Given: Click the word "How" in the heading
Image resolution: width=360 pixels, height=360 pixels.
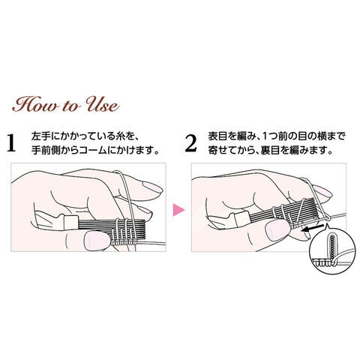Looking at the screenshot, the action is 35,104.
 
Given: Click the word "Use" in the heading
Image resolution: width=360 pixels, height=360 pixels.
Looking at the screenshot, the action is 102,104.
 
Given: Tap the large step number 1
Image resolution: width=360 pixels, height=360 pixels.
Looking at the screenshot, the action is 11,143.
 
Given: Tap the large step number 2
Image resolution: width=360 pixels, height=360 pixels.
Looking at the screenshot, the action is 190,143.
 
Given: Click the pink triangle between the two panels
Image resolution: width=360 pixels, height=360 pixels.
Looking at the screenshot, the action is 178,209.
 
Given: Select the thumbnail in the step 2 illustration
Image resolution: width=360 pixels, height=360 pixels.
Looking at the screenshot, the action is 277,229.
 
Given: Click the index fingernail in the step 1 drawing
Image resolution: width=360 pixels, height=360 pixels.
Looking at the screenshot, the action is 152,187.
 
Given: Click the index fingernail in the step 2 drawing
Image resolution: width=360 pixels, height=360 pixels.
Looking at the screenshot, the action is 323,190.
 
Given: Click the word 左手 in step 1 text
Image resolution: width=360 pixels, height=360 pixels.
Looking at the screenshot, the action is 38,136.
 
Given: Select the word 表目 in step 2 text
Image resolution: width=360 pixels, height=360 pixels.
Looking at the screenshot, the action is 217,136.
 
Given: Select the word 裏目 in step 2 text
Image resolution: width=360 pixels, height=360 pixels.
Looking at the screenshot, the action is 271,151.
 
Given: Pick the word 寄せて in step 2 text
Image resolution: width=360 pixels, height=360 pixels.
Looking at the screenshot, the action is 222,151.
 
